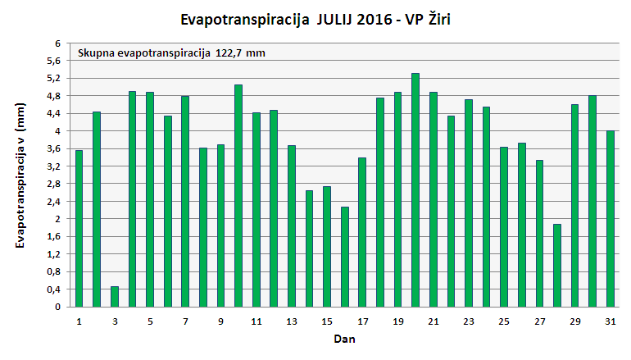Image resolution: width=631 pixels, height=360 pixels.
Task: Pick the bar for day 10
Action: pyautogui.click(x=238, y=196)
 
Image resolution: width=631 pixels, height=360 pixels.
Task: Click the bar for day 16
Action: pyautogui.click(x=345, y=257)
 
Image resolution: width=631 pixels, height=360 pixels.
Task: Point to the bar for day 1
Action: pyautogui.click(x=79, y=229)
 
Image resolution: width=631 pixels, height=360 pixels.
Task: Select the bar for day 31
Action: pyautogui.click(x=611, y=219)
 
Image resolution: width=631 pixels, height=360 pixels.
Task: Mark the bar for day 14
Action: pyautogui.click(x=309, y=248)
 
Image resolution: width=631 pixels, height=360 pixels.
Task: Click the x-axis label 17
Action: pyautogui.click(x=362, y=321)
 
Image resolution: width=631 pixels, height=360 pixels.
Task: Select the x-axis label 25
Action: pyautogui.click(x=504, y=321)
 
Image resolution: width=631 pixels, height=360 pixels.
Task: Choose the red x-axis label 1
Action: pyautogui.click(x=79, y=321)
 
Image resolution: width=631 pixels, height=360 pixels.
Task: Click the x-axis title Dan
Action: pyautogui.click(x=344, y=338)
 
